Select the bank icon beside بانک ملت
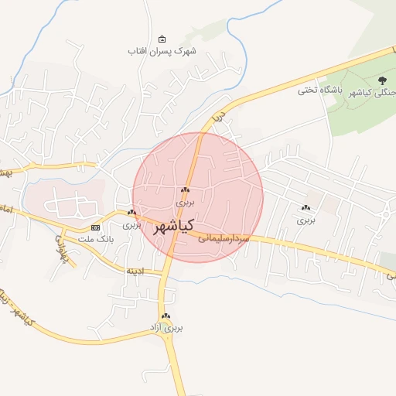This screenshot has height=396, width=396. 95,227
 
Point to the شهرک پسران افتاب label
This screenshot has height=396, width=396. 162,51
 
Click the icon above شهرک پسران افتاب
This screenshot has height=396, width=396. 162,39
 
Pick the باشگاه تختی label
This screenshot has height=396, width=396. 319,90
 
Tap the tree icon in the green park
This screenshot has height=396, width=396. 382,80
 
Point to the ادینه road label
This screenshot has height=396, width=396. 135,271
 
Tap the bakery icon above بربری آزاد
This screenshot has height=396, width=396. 166,317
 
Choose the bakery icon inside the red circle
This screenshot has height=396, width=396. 185,190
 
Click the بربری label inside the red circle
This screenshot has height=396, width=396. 185,202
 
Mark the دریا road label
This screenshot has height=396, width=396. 219,118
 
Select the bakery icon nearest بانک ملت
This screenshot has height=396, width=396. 131,213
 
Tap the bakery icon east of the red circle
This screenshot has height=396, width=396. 306,207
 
